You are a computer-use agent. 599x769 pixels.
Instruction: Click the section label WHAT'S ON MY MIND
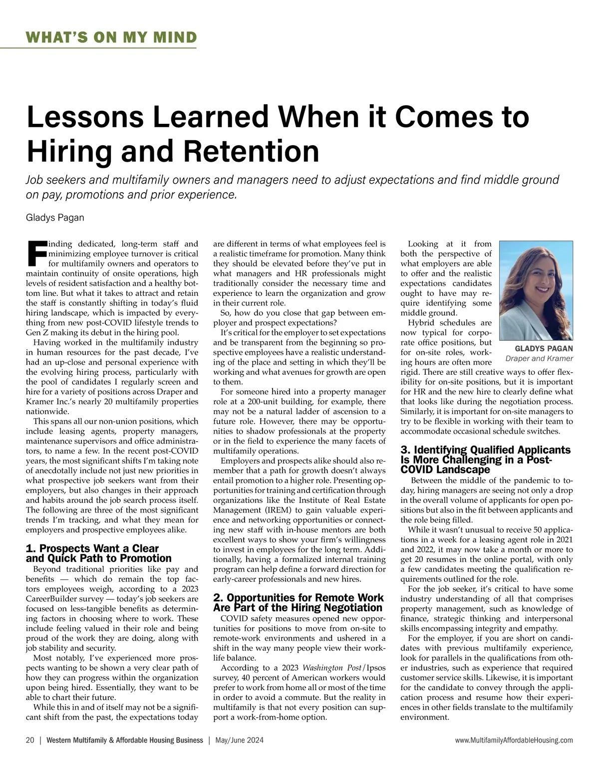(111, 37)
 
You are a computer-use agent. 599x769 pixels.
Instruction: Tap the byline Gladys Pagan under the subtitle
(55, 218)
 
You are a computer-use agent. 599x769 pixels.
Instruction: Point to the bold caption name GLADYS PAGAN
(544, 348)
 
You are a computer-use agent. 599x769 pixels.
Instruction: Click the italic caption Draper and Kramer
(539, 358)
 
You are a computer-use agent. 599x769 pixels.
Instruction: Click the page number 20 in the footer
(30, 741)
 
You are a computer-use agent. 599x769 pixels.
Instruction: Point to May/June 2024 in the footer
(240, 741)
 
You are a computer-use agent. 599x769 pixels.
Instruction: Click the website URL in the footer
(514, 741)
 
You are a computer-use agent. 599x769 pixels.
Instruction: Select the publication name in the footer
(125, 741)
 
